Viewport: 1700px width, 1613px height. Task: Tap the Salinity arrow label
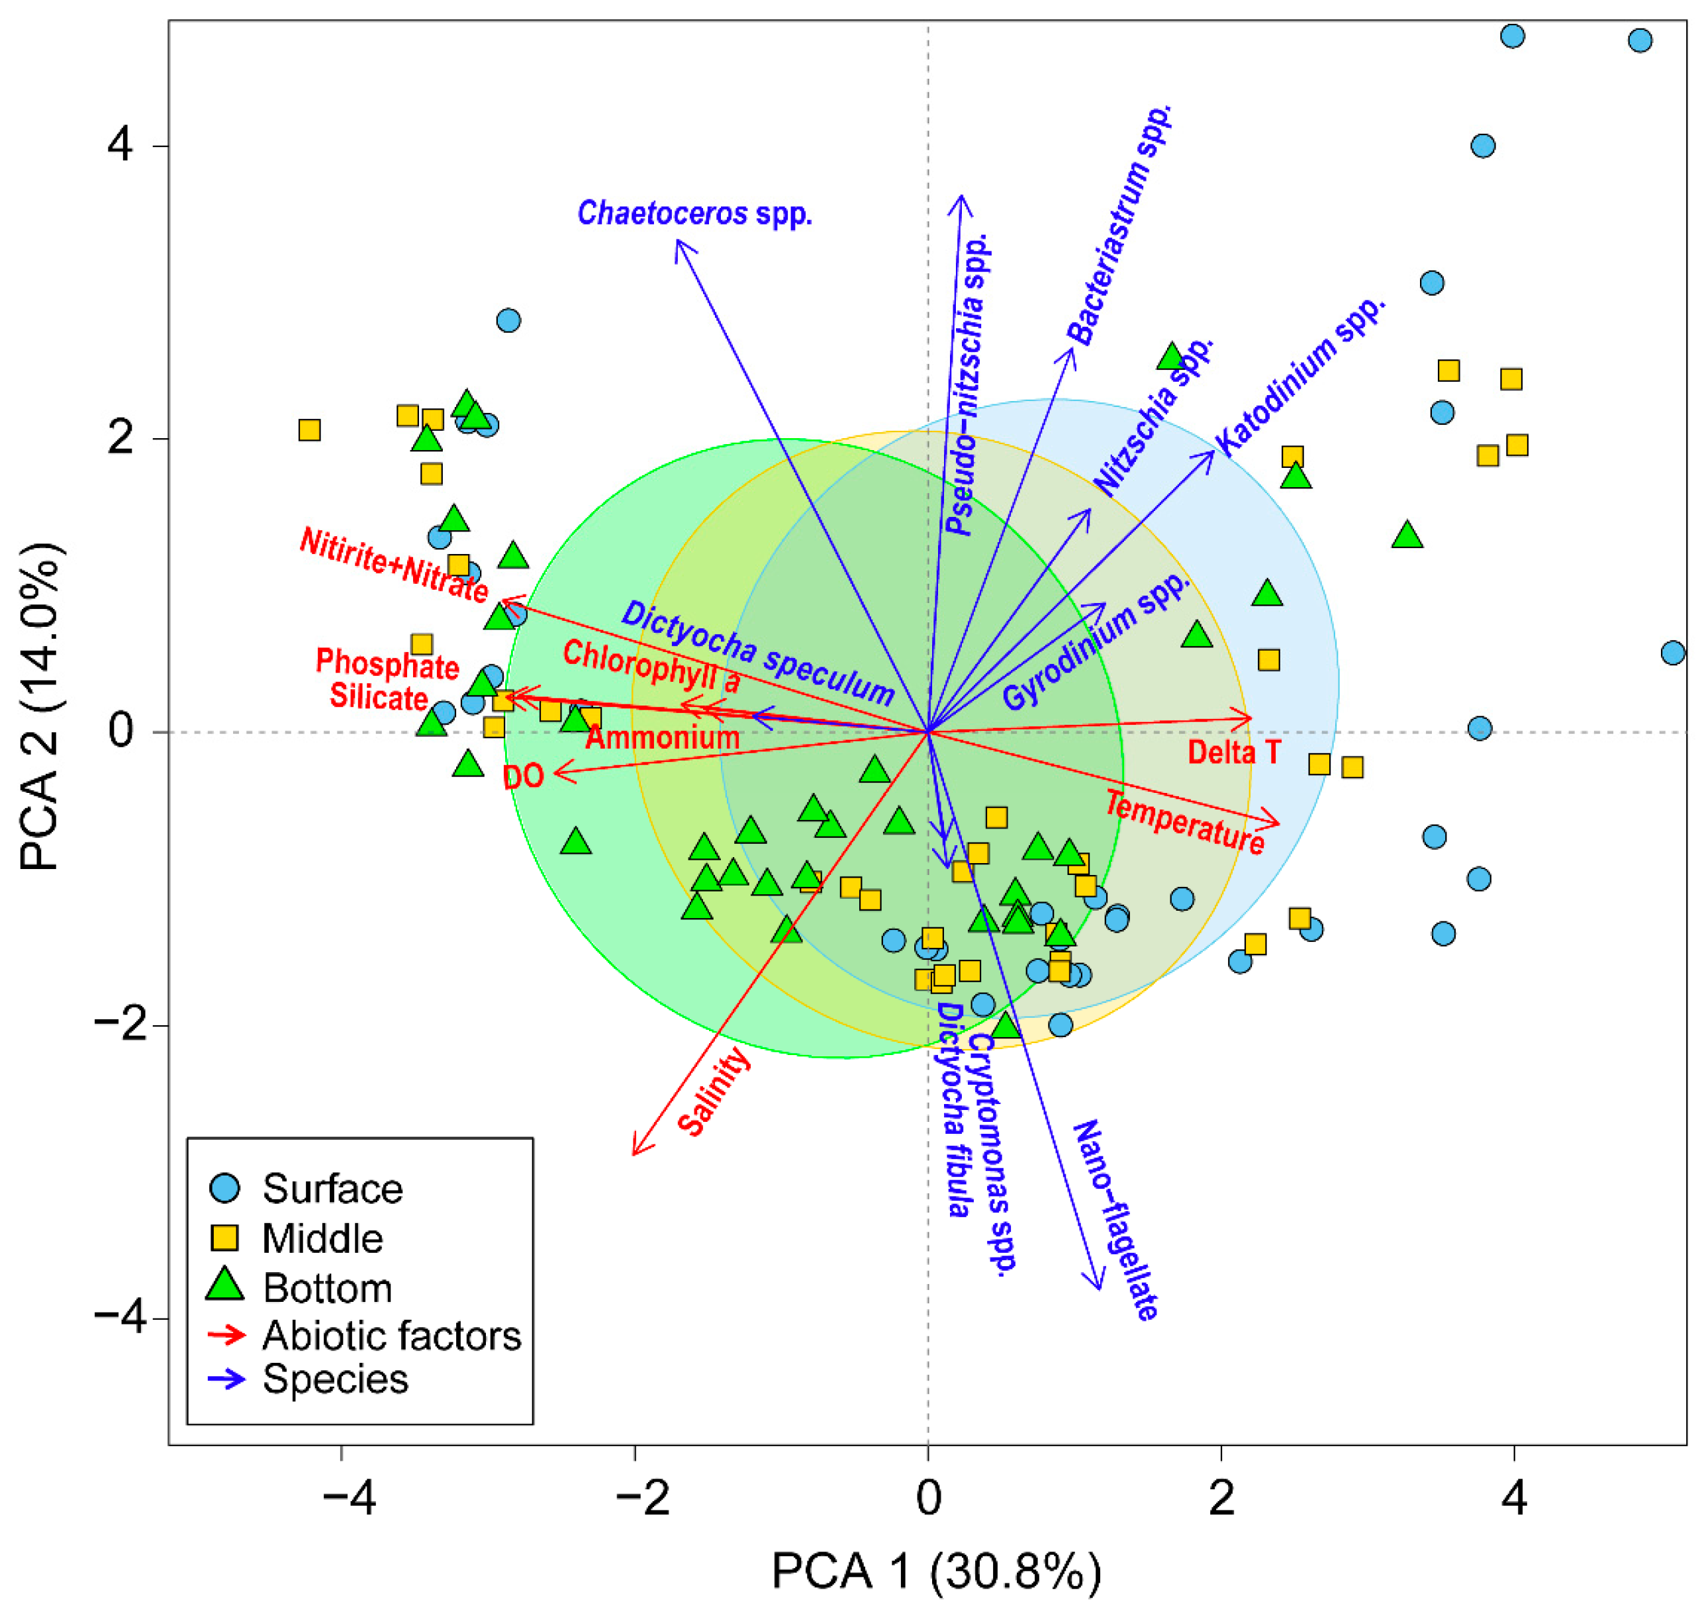point(713,1092)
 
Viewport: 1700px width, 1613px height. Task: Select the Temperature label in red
point(1184,823)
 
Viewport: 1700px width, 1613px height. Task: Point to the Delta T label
point(1233,753)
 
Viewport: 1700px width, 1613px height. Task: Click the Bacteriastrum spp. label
point(1119,224)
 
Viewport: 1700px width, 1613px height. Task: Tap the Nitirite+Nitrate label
point(394,564)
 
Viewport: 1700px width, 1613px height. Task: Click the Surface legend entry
point(332,1189)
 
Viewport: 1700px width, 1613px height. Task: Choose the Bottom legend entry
point(327,1288)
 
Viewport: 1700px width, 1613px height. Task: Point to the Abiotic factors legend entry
point(391,1335)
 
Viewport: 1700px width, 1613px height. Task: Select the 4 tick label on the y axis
point(120,146)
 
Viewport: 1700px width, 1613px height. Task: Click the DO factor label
point(523,776)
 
